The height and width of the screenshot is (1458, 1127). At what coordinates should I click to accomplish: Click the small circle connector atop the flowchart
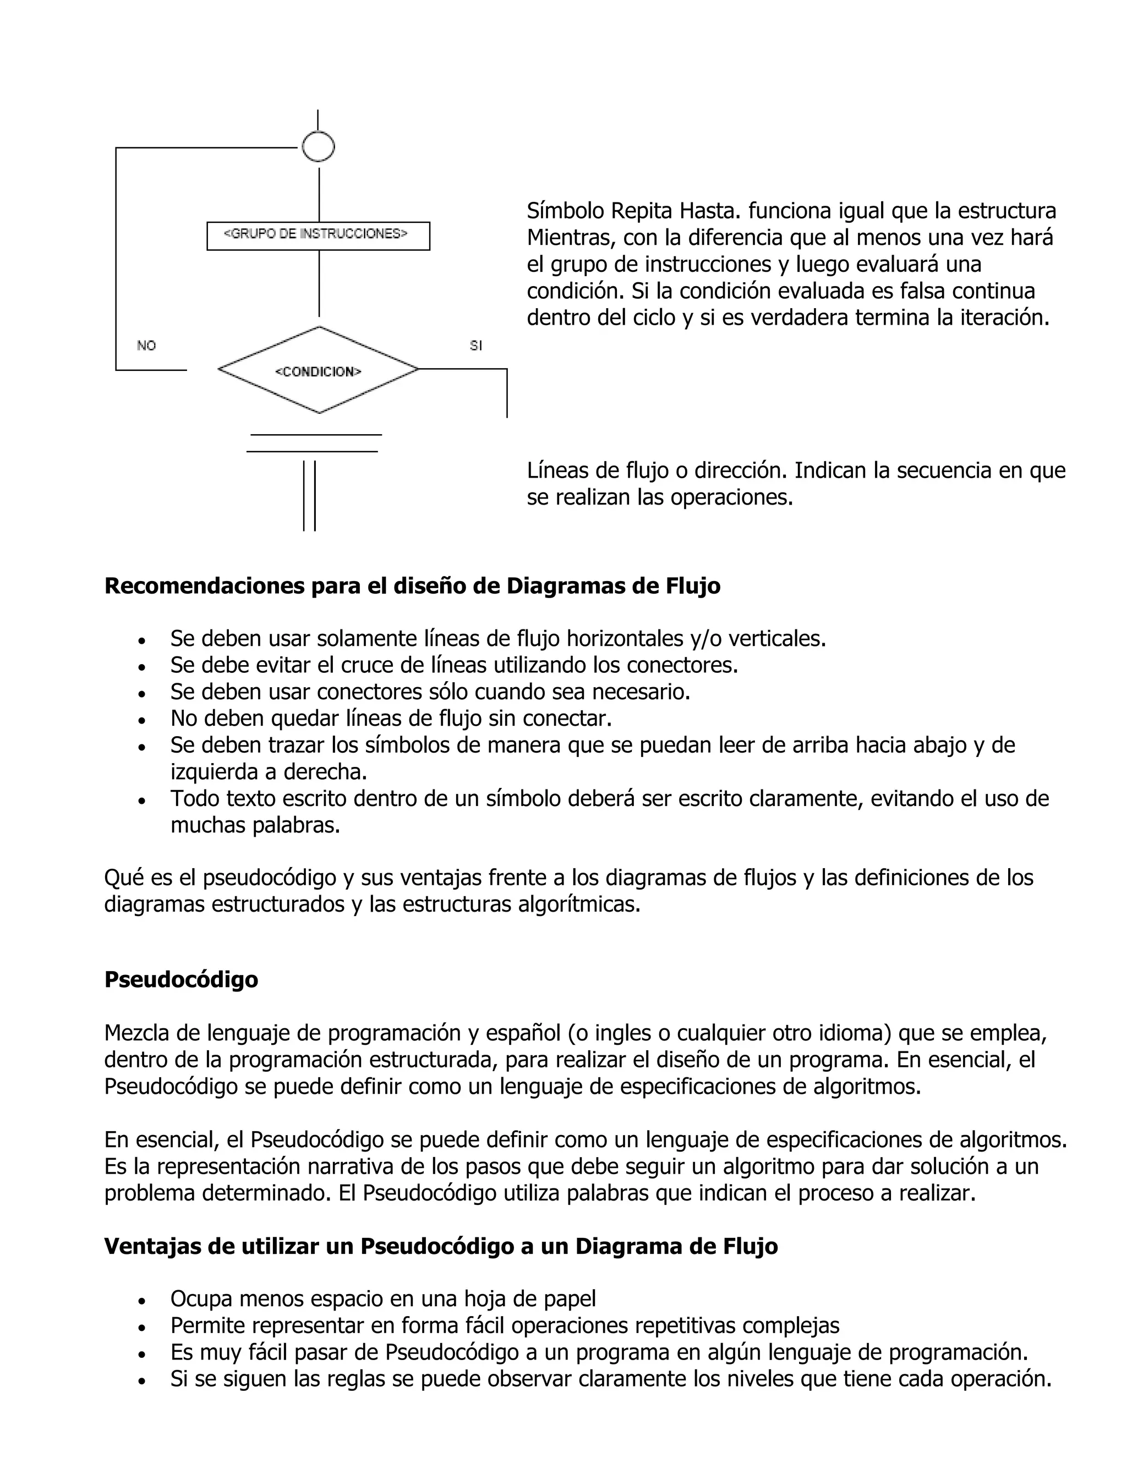[318, 147]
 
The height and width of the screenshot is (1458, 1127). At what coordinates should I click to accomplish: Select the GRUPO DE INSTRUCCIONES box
[318, 235]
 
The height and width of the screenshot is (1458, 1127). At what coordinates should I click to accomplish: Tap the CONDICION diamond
[319, 370]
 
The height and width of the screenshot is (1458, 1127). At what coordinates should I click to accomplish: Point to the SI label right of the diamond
[475, 346]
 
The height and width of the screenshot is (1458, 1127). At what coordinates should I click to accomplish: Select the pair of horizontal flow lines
[314, 443]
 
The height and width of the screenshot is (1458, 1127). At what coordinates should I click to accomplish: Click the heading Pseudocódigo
[181, 979]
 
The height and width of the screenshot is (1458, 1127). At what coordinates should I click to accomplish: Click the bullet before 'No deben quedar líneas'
[141, 720]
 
